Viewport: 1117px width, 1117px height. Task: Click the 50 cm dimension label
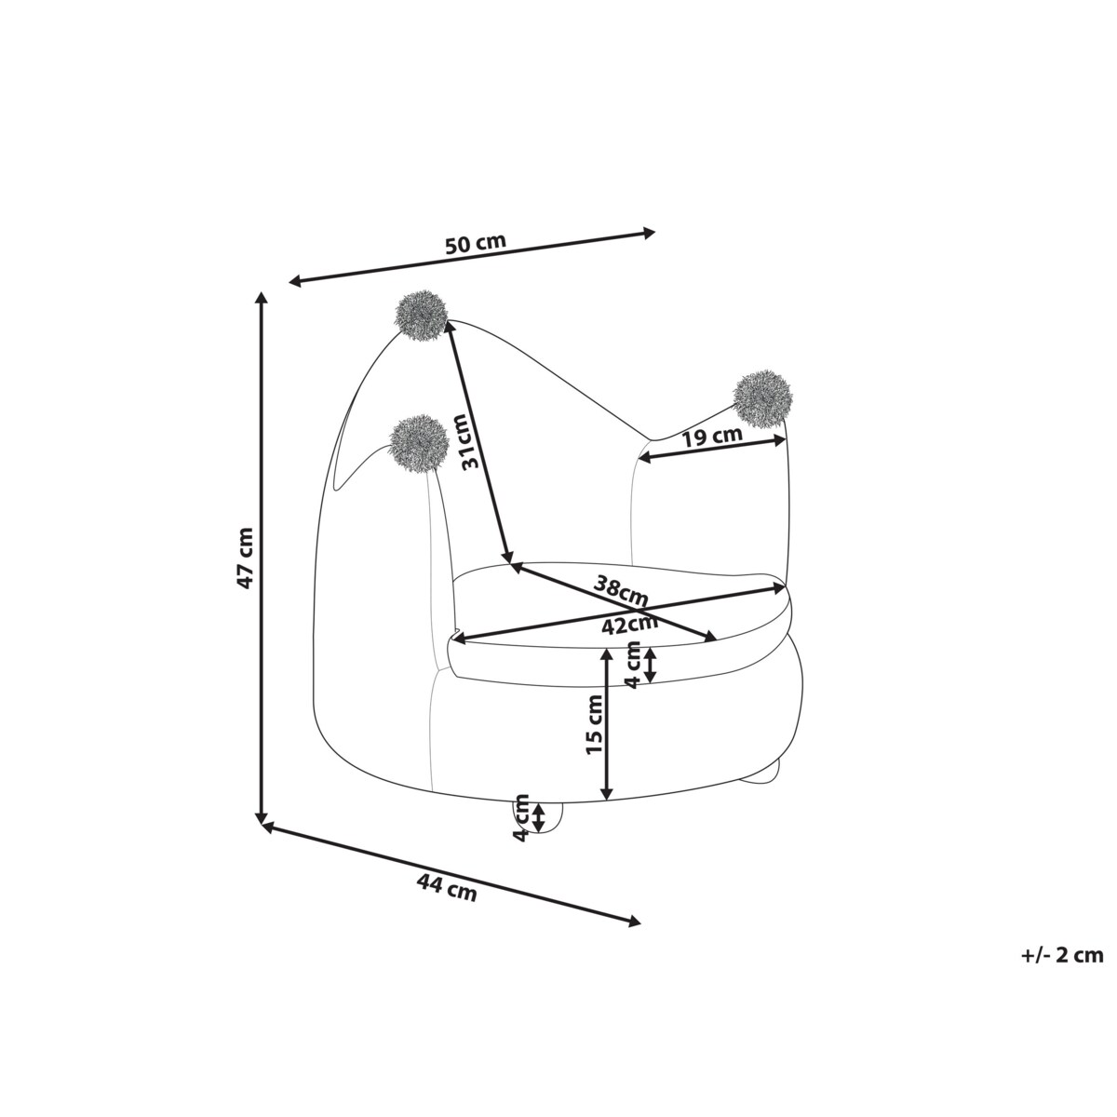(x=476, y=243)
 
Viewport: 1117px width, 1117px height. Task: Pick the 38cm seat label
(x=619, y=589)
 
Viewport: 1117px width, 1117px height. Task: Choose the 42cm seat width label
(x=629, y=625)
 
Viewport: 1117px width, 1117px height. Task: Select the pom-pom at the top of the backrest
(x=422, y=317)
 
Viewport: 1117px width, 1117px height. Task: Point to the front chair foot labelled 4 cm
(x=537, y=817)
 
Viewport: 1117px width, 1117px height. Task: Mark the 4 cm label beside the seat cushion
(x=635, y=665)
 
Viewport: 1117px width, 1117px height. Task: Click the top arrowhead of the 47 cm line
(x=262, y=298)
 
